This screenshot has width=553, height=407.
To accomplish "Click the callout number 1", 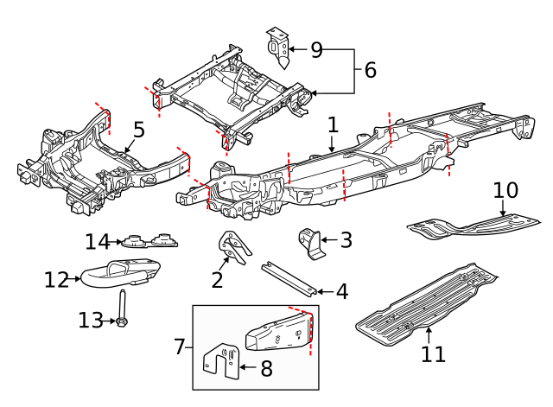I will click(333, 126).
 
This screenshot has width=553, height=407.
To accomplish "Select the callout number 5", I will click(138, 130).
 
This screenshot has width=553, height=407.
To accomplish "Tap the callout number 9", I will click(316, 50).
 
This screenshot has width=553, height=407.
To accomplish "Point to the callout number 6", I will click(370, 70).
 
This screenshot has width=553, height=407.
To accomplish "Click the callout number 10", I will click(505, 189).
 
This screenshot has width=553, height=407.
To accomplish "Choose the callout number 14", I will click(99, 241).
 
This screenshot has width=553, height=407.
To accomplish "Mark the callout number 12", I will click(56, 279).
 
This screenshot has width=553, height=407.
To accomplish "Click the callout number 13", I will click(90, 321).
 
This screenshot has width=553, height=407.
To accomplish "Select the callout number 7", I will click(179, 347).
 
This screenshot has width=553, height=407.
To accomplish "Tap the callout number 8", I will click(266, 369).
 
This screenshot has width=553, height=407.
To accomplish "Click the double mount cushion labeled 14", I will click(146, 239).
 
